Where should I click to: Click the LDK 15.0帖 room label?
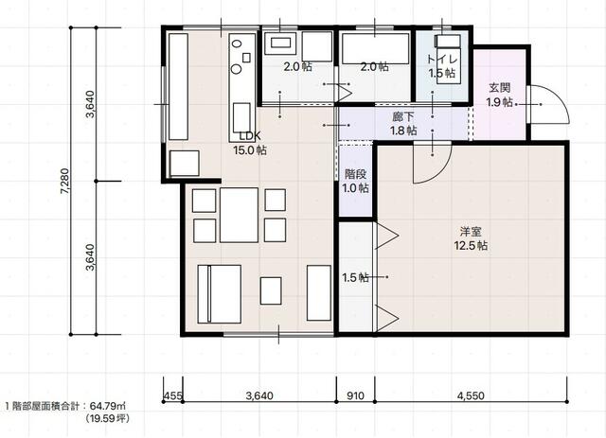pos(250,143)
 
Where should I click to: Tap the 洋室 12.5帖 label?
pos(471,238)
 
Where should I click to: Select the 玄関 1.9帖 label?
pos(500,95)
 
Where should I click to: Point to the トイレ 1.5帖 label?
pos(442,66)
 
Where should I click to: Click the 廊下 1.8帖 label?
pos(403,124)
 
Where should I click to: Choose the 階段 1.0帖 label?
pos(356,181)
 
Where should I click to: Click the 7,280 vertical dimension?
pos(65,181)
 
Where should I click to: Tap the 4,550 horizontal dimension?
pos(471,395)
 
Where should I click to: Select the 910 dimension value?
pos(355,395)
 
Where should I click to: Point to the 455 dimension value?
pos(172,395)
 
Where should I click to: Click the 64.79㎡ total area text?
pos(108,406)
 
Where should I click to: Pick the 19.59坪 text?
pos(108,418)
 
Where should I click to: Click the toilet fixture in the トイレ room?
pos(448,57)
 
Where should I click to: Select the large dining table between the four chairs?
pos(240,215)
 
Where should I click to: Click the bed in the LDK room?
pos(219,294)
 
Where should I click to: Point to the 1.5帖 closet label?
pos(356,277)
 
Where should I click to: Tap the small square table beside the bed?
pos(271,290)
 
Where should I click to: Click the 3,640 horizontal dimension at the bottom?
pos(259,395)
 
